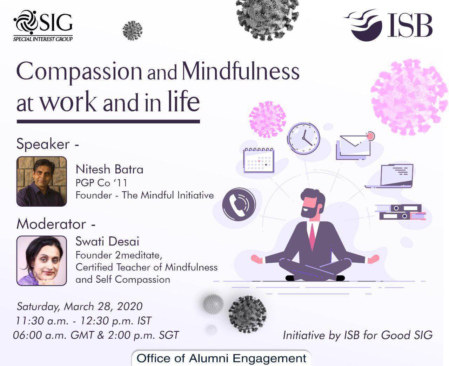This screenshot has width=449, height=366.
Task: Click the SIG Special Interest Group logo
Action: pyautogui.click(x=43, y=26)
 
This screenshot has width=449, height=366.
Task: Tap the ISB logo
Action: pyautogui.click(x=388, y=25)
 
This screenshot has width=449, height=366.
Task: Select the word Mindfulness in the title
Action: pyautogui.click(x=241, y=71)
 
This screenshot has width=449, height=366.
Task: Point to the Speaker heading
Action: pyautogui.click(x=48, y=144)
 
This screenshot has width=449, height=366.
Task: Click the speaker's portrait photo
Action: pyautogui.click(x=42, y=181)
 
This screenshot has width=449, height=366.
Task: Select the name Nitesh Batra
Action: pyautogui.click(x=109, y=170)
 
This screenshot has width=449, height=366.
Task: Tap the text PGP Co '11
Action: pyautogui.click(x=101, y=183)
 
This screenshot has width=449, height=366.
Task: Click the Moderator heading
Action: pyautogui.click(x=56, y=224)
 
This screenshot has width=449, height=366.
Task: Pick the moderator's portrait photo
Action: pyautogui.click(x=42, y=261)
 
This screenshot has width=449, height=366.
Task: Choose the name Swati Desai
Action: pyautogui.click(x=107, y=241)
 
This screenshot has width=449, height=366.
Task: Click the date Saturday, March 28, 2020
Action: pyautogui.click(x=80, y=307)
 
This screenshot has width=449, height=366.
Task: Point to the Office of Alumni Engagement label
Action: pyautogui.click(x=221, y=358)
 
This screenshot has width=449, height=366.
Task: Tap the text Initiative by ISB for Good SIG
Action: pyautogui.click(x=358, y=336)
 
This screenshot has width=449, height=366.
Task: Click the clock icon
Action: pyautogui.click(x=303, y=138)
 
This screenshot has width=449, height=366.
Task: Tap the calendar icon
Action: pyautogui.click(x=259, y=160)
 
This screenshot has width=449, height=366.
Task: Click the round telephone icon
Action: pyautogui.click(x=239, y=204)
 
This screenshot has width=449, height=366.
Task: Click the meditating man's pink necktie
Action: pyautogui.click(x=312, y=236)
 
